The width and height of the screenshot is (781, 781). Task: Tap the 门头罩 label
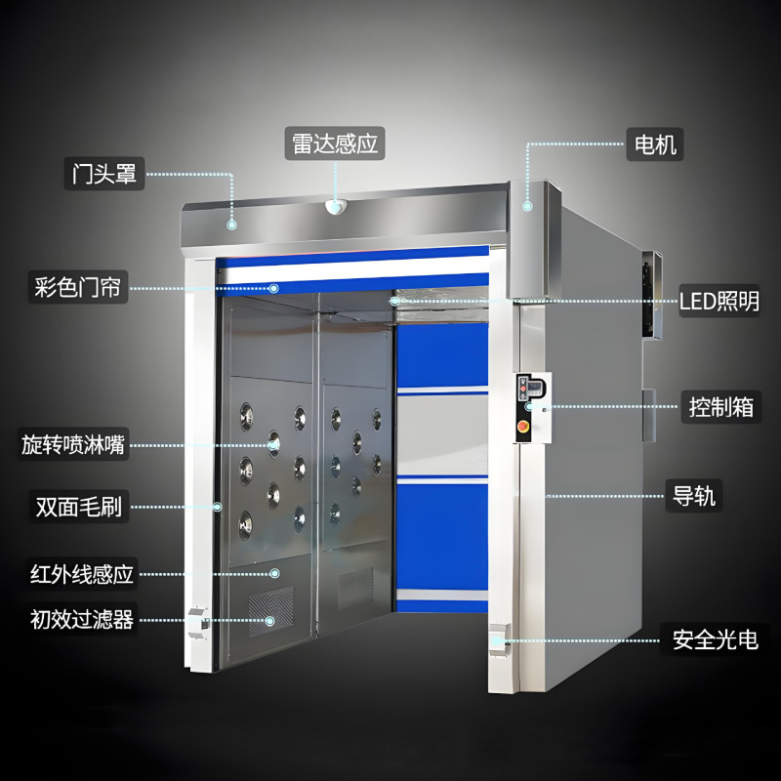104,174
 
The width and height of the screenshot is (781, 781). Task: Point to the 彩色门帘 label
78,288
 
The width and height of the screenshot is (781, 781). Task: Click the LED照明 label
719,302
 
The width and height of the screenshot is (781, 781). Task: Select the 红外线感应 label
81,573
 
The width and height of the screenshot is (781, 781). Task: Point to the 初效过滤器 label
81,618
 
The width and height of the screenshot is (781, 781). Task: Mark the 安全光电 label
715,640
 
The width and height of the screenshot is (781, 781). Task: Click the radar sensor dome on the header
335,206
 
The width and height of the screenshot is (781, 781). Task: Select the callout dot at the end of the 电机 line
527,205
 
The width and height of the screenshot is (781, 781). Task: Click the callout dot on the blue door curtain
274,288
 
